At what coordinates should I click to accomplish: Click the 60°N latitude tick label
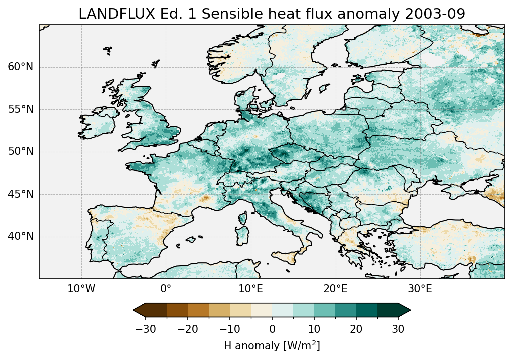(x=20, y=67)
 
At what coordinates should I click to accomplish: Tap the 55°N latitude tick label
(x=20, y=109)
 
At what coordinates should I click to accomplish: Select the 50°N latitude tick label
(x=20, y=152)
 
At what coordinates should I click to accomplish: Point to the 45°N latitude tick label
(x=20, y=194)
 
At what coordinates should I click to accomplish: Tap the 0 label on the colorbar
(x=272, y=329)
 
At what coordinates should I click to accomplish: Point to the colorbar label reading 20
(x=356, y=329)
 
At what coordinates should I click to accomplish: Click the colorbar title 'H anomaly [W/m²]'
(x=272, y=345)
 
